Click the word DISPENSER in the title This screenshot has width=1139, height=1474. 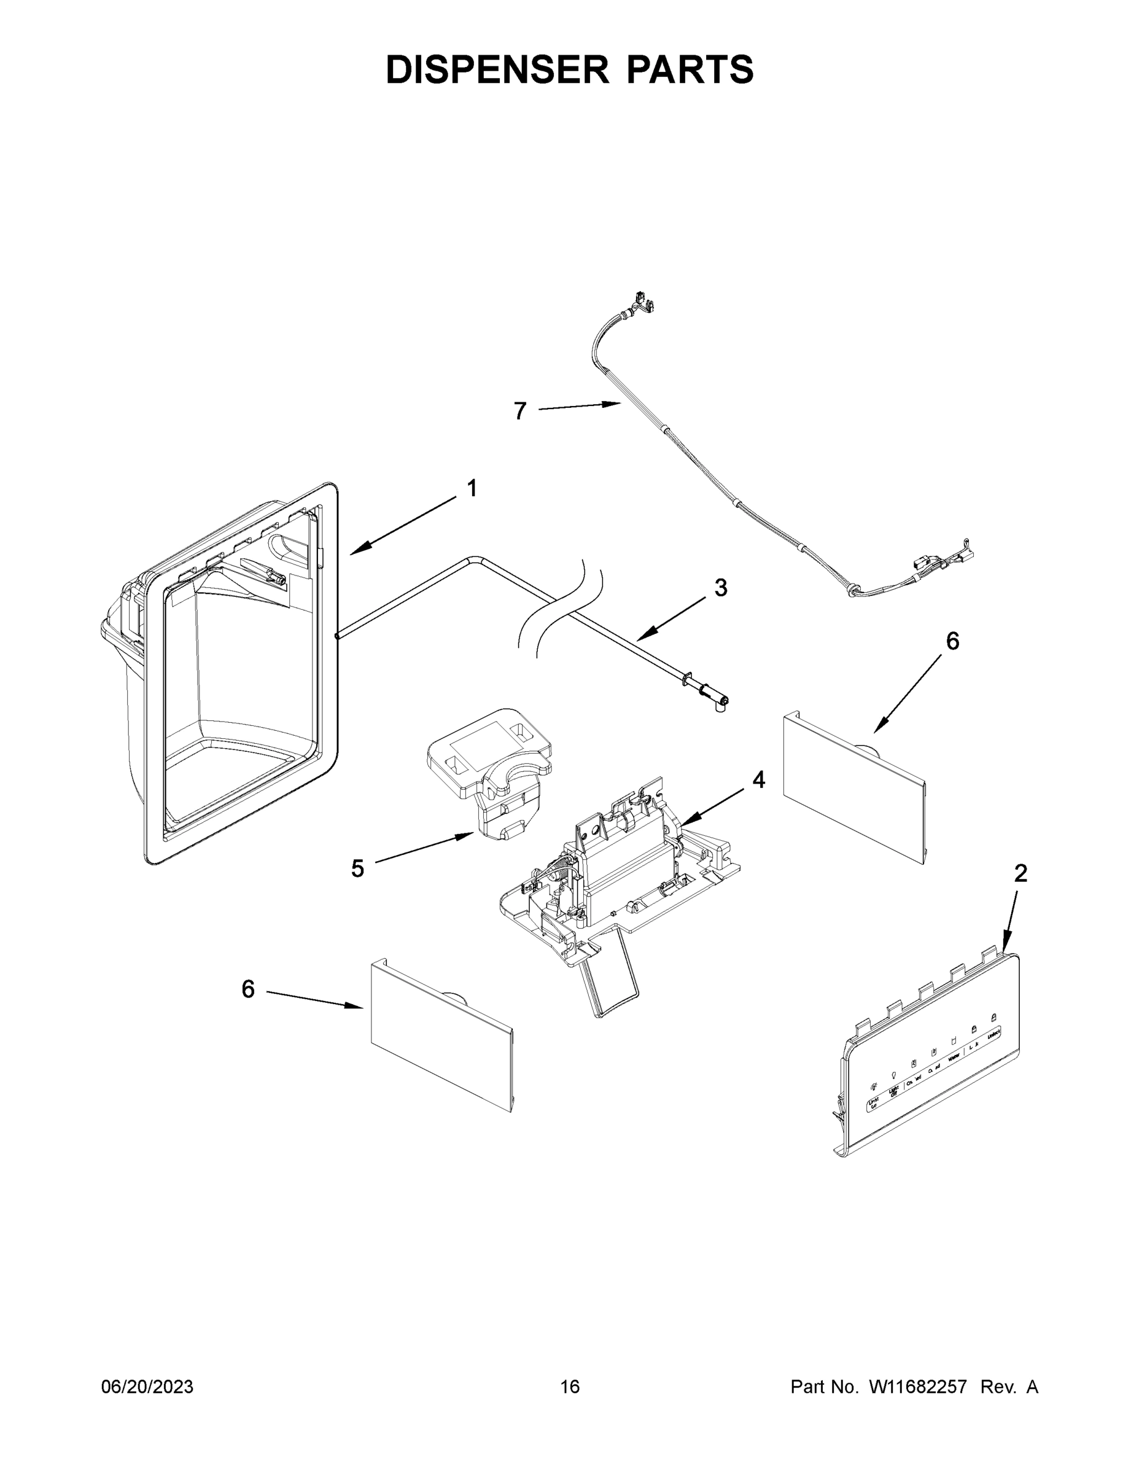point(498,69)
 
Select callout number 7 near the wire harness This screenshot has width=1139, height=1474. point(519,411)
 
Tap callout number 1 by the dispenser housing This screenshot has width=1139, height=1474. point(472,488)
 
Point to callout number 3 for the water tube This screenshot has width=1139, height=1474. point(721,588)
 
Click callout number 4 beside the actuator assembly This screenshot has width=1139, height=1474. point(758,779)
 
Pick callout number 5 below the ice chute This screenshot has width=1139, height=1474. point(357,868)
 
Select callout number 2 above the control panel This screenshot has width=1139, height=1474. point(1020,873)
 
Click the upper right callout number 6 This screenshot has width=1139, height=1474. point(952,641)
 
